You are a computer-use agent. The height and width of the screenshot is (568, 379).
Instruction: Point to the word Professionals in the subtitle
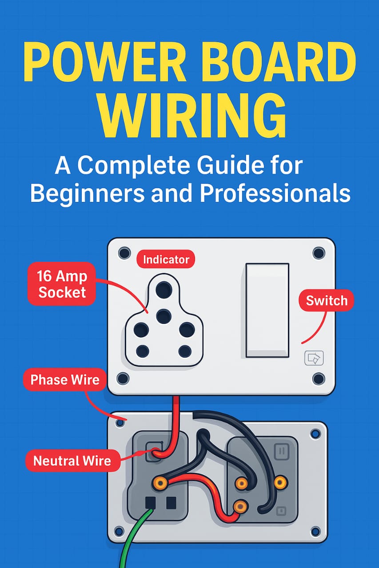coord(275,193)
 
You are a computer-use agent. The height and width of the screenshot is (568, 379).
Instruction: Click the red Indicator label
coord(166,259)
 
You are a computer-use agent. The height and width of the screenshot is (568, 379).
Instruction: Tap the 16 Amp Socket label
coord(62,284)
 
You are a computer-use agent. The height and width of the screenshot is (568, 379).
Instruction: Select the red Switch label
coord(327,300)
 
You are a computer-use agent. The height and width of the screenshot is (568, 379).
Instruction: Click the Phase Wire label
coord(65,379)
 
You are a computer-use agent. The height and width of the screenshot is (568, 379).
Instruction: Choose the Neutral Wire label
coord(72,461)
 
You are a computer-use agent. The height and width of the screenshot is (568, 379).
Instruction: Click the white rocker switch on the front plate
coord(267,311)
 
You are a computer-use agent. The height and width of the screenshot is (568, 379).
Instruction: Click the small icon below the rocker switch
coord(314,358)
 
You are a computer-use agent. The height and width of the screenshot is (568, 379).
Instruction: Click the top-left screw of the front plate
coord(125,253)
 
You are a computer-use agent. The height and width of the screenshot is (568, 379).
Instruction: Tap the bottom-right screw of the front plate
coord(319,379)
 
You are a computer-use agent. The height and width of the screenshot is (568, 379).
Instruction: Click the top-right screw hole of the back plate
coord(315,434)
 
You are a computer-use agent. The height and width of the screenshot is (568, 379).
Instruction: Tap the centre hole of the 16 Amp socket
coord(164,316)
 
